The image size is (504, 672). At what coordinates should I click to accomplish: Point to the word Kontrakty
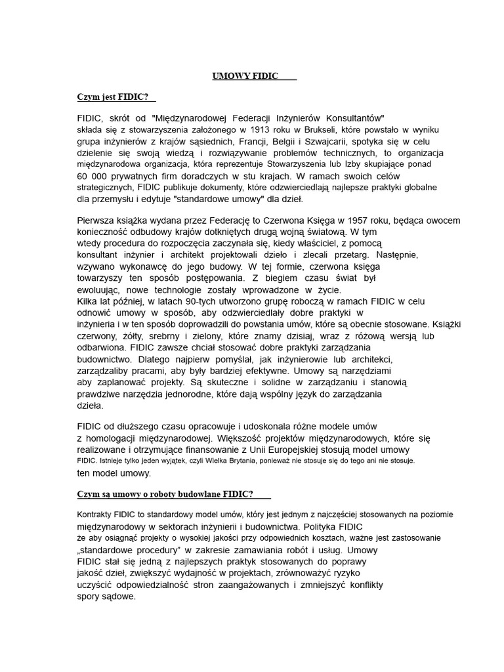(x=96, y=515)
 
